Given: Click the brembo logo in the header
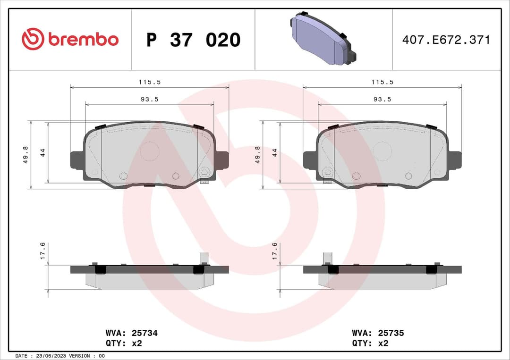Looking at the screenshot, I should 70,40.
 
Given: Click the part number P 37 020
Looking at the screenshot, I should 193,40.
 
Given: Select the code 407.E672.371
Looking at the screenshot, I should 446,40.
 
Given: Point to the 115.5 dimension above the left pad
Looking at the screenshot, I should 150,82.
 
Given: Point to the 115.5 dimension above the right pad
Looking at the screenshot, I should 382,82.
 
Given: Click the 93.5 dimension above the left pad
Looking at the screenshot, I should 150,99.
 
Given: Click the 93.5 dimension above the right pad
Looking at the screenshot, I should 382,99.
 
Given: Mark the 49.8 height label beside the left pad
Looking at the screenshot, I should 25,155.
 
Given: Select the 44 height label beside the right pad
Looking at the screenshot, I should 275,152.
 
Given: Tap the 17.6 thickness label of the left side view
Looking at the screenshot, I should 42,251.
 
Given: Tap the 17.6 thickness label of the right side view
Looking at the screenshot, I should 275,251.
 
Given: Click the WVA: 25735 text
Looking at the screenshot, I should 378,333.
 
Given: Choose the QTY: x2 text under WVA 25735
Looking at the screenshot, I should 370,343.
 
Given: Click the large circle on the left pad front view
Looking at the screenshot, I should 149,151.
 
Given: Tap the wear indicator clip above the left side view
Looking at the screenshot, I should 204,258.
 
